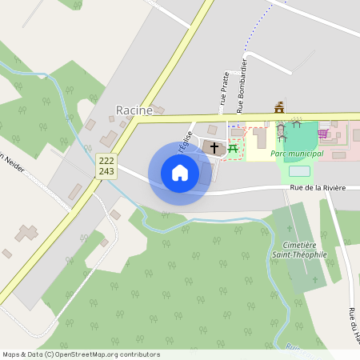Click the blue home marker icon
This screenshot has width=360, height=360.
[x=179, y=173]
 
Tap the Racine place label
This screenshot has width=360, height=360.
[x=134, y=110]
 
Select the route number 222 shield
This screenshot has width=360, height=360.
[x=107, y=160]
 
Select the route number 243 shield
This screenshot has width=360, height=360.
[x=107, y=171]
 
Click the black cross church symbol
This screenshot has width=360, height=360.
[x=214, y=147]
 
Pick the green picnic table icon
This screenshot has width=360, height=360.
[x=234, y=147]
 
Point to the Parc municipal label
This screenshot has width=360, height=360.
[x=297, y=153]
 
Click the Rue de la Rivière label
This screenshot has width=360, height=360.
[x=318, y=188]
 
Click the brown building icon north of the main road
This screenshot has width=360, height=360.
[x=279, y=107]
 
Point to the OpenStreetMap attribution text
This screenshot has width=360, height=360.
[x=81, y=354]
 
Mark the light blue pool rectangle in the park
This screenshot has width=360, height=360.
[x=298, y=171]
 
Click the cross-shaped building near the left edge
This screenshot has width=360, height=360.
[x=26, y=234]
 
